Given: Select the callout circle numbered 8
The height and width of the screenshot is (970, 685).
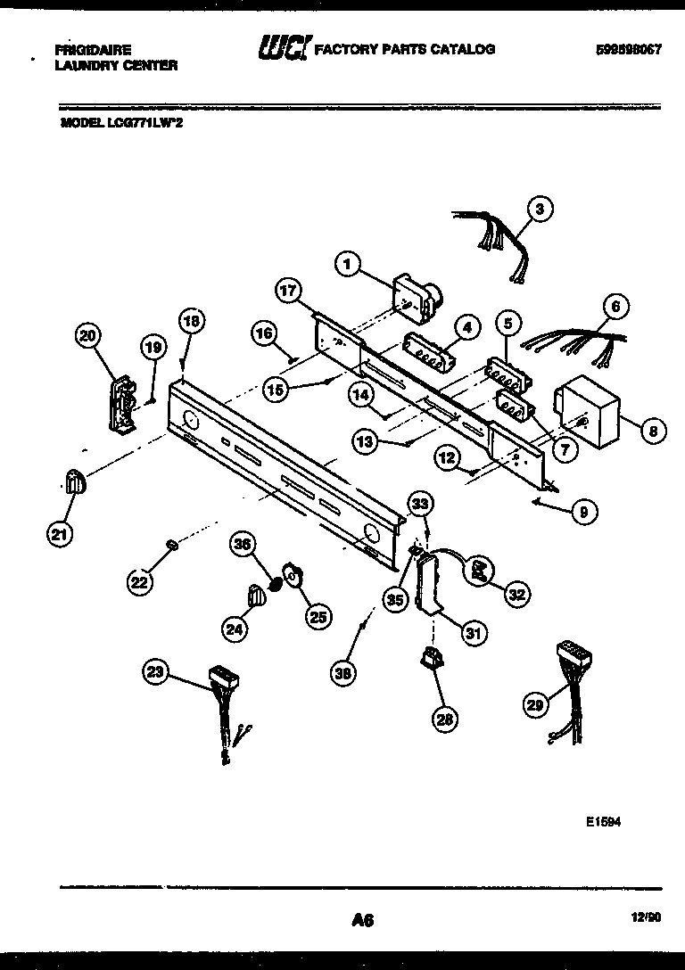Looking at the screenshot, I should point(652,431).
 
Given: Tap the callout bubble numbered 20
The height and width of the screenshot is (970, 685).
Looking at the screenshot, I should point(87,336).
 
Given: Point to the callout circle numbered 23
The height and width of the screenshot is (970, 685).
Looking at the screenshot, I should point(156,675).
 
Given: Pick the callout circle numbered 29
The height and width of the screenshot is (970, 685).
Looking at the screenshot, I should point(534,705).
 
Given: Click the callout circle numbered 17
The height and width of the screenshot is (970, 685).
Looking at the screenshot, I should point(288,292).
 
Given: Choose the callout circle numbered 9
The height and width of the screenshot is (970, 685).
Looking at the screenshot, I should point(582,512).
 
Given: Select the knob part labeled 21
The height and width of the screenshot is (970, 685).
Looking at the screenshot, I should point(74,481).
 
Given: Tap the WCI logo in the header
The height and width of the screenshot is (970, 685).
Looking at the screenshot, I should point(283,48).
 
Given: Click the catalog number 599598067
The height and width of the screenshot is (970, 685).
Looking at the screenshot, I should point(628,50).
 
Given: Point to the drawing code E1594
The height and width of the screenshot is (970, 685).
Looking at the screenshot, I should point(603,824).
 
